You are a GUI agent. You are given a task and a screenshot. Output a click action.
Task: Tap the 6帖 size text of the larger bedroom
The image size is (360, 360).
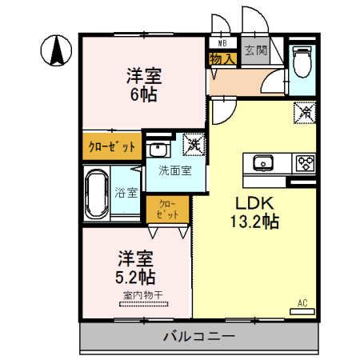click(143, 94)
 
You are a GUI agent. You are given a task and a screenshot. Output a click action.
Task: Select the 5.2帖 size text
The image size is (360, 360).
click(137, 278)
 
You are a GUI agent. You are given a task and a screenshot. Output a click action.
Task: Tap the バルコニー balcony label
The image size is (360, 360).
click(200, 336)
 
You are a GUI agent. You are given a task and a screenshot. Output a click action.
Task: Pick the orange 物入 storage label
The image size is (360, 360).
click(222, 58)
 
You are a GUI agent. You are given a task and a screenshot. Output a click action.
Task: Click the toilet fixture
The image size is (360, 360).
click(302, 60)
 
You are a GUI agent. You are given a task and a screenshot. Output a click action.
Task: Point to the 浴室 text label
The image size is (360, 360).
click(126, 193)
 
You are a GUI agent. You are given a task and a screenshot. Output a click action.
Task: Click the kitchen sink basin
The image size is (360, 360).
click(263, 164)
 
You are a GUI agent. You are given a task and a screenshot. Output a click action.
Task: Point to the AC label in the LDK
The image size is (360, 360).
click(302, 302)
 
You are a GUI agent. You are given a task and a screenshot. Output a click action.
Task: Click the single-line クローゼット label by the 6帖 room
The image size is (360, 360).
click(112, 146)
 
